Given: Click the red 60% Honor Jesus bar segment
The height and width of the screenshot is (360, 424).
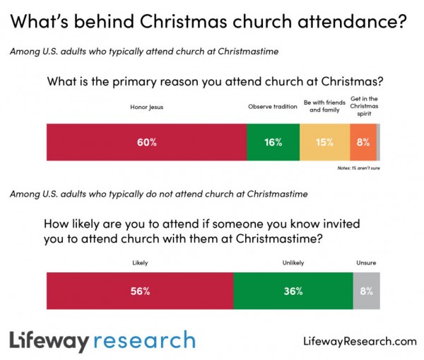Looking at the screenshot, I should click(x=146, y=141).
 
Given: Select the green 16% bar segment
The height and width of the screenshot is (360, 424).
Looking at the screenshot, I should click(x=273, y=141).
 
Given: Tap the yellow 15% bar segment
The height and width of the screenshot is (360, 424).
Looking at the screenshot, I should click(x=324, y=141).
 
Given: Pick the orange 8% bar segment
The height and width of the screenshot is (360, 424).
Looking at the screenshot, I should click(x=363, y=141).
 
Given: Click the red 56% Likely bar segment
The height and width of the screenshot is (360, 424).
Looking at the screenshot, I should click(x=139, y=291).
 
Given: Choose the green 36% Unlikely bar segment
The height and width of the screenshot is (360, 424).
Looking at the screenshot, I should click(x=293, y=291).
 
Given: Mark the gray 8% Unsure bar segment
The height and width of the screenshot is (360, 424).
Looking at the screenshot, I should click(x=366, y=291).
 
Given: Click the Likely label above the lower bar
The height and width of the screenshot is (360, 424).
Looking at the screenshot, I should click(x=139, y=262).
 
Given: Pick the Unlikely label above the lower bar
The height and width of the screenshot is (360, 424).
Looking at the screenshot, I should click(x=293, y=262).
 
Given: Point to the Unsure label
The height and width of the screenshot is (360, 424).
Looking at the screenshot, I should click(x=366, y=262).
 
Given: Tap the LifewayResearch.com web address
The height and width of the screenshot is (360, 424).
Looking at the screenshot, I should click(x=356, y=341).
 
